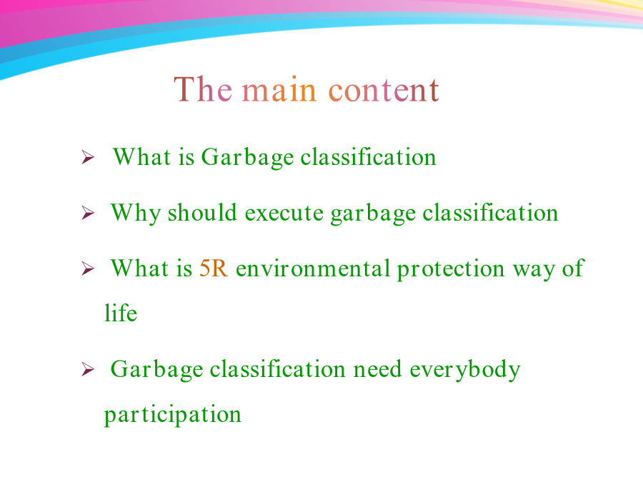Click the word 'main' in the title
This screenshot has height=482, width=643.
pos(279,90)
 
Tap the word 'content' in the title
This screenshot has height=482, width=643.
pos(384,90)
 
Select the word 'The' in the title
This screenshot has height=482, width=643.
pos(203,89)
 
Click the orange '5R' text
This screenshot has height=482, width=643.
pos(214,269)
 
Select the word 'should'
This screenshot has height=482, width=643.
pos(202,213)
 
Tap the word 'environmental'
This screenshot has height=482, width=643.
pos(313,269)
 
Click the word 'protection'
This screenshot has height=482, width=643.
pos(451,270)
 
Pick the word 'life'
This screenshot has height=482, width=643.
pos(121,313)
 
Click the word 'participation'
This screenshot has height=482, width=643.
pos(173,415)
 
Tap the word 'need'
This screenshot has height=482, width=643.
pos(377,369)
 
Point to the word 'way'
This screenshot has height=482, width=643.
pos(534,271)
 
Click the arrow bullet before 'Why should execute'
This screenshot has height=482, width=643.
pos(87,213)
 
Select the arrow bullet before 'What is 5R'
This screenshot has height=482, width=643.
pos(87,268)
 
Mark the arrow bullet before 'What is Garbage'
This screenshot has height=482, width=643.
pos(87,157)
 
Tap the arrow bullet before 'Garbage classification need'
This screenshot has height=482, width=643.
pos(87,369)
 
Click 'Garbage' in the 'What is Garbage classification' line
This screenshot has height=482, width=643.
pos(247,159)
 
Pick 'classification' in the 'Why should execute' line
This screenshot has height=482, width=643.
pos(490,213)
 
